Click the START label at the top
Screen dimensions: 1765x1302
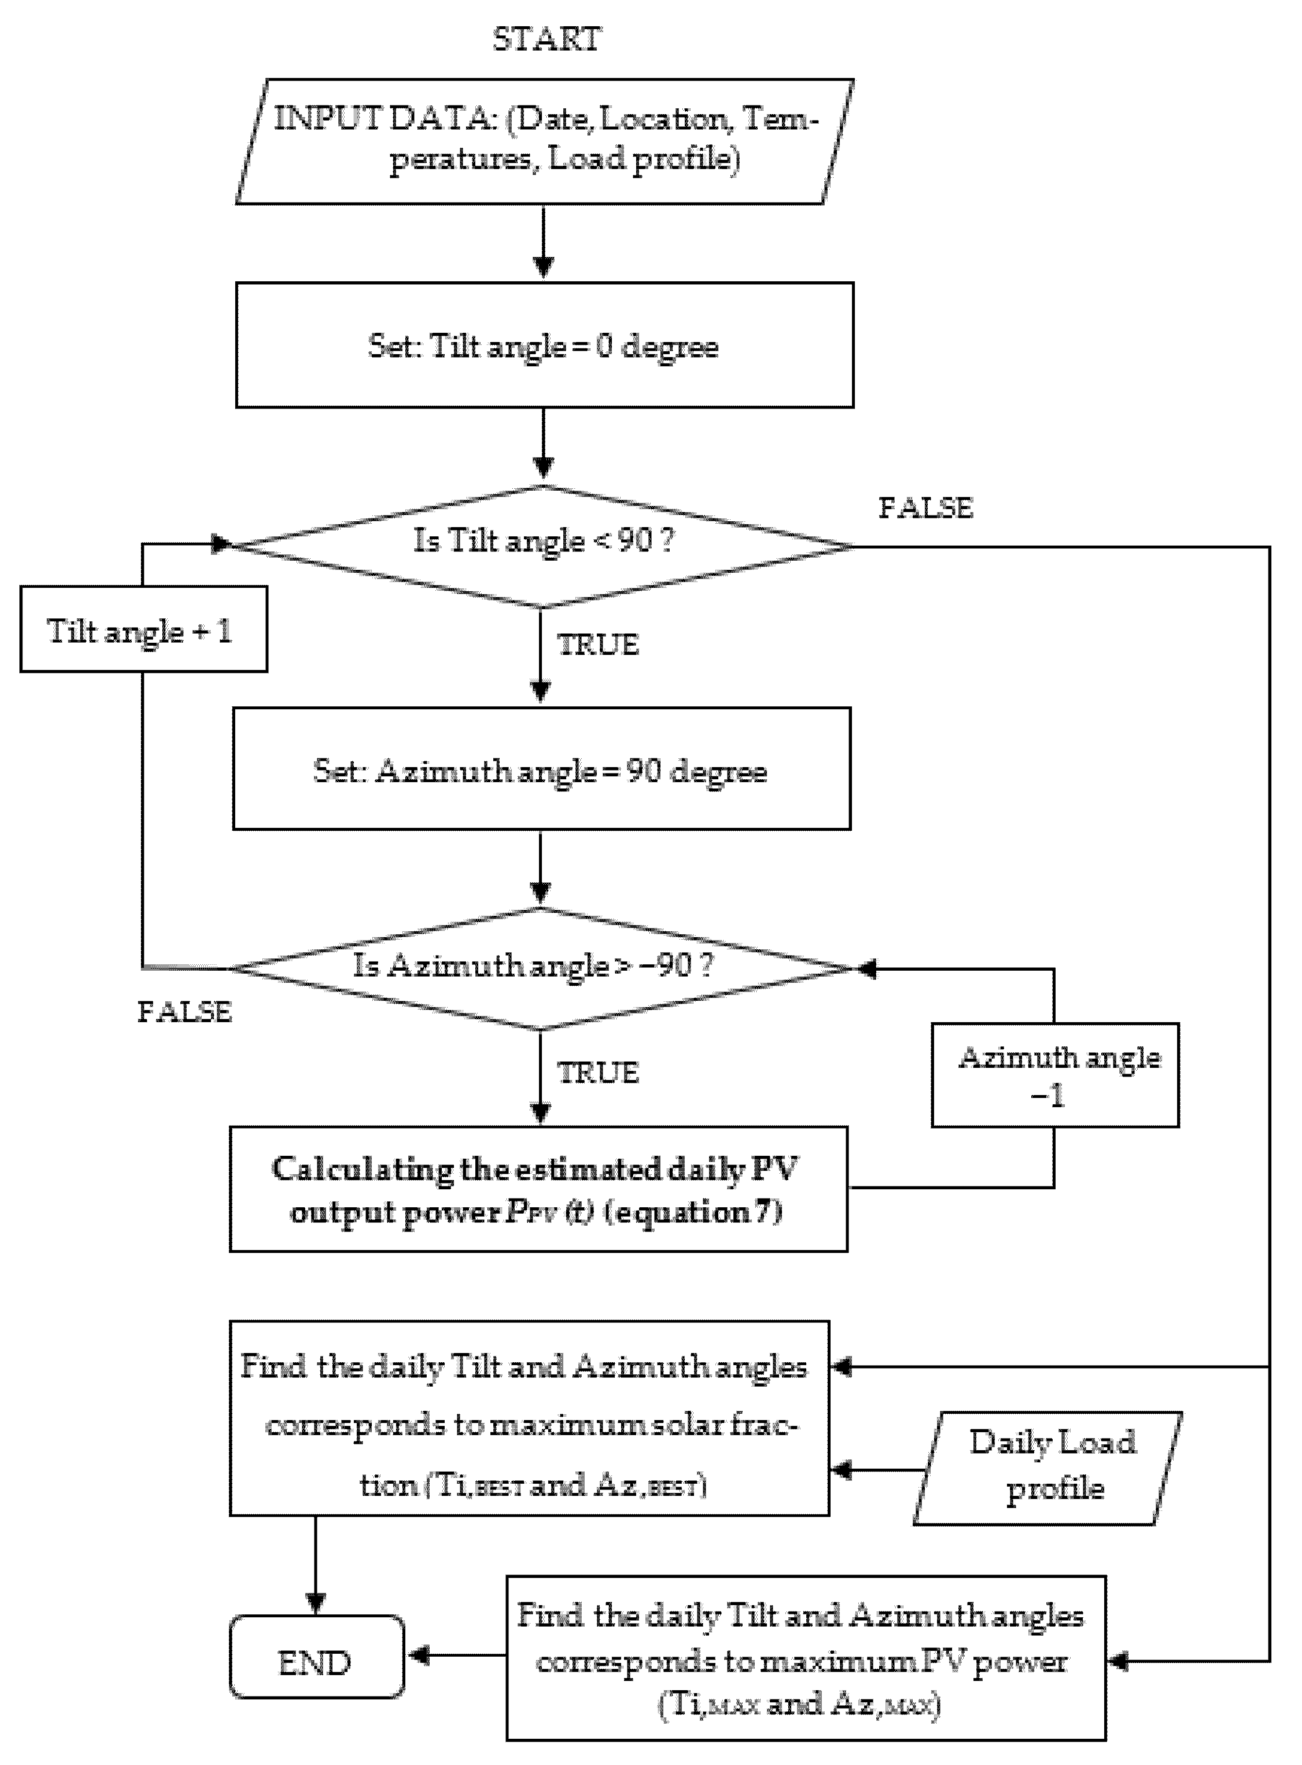point(546,38)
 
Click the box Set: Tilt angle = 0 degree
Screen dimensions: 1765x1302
point(544,345)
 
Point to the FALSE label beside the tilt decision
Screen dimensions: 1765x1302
point(925,508)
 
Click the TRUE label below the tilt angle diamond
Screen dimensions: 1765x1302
point(597,645)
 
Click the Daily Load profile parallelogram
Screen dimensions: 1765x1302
point(1048,1468)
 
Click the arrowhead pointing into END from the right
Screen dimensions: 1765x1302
point(417,1656)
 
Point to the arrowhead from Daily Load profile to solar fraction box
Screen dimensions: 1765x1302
point(842,1470)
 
